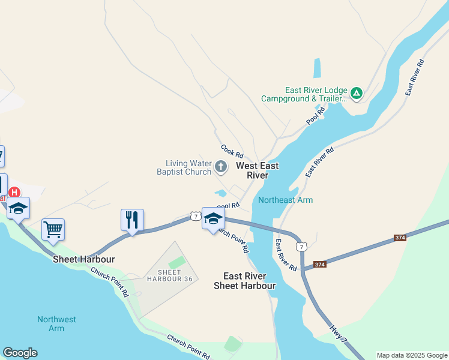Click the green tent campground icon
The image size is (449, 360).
[x=357, y=93]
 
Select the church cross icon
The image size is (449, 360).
[x=221, y=167]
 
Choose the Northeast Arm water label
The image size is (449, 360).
[x=285, y=200]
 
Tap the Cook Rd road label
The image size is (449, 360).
[x=231, y=150]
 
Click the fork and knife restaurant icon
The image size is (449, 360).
[x=132, y=220]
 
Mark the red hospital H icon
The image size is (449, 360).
[x=14, y=193]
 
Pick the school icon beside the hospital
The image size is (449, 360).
[x=19, y=208]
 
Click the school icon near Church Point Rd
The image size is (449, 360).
[x=213, y=218]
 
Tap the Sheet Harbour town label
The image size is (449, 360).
[x=83, y=259]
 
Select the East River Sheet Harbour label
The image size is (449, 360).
[x=245, y=281]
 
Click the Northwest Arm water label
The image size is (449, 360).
[x=56, y=324]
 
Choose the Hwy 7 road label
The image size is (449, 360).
[x=338, y=335]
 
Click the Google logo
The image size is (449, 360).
[x=20, y=353]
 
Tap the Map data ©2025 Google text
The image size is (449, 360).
[x=411, y=355]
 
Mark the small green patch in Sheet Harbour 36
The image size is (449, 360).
[x=176, y=262]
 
